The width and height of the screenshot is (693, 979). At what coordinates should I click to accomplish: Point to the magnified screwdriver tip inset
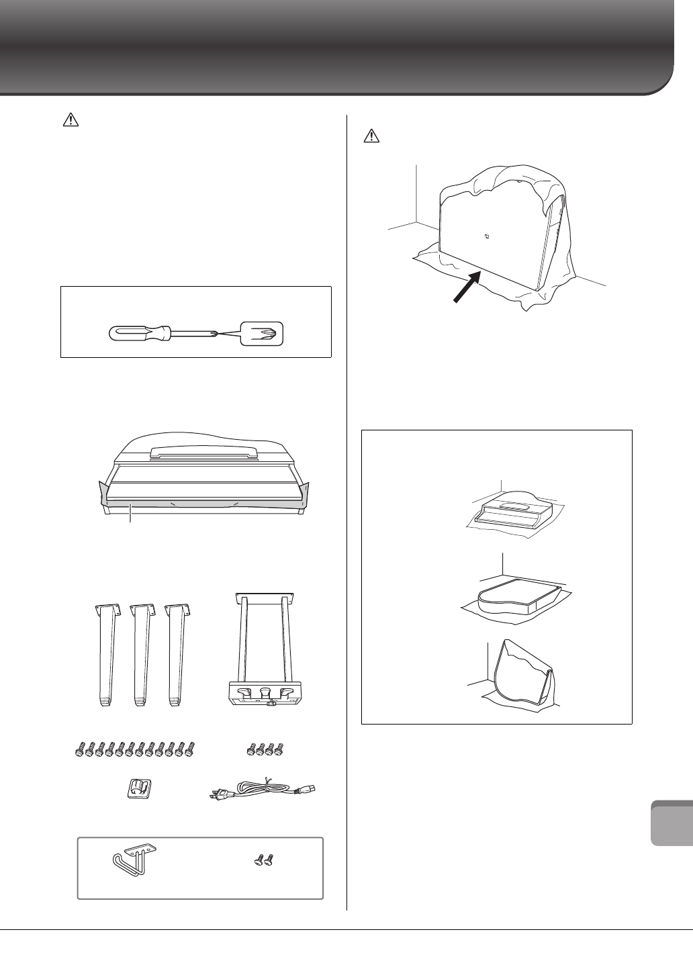(x=262, y=332)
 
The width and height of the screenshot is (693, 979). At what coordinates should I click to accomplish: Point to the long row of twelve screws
(x=136, y=747)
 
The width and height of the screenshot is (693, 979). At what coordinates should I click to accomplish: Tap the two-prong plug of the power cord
(x=218, y=796)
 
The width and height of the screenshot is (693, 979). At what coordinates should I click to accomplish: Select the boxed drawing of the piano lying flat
(x=512, y=591)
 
